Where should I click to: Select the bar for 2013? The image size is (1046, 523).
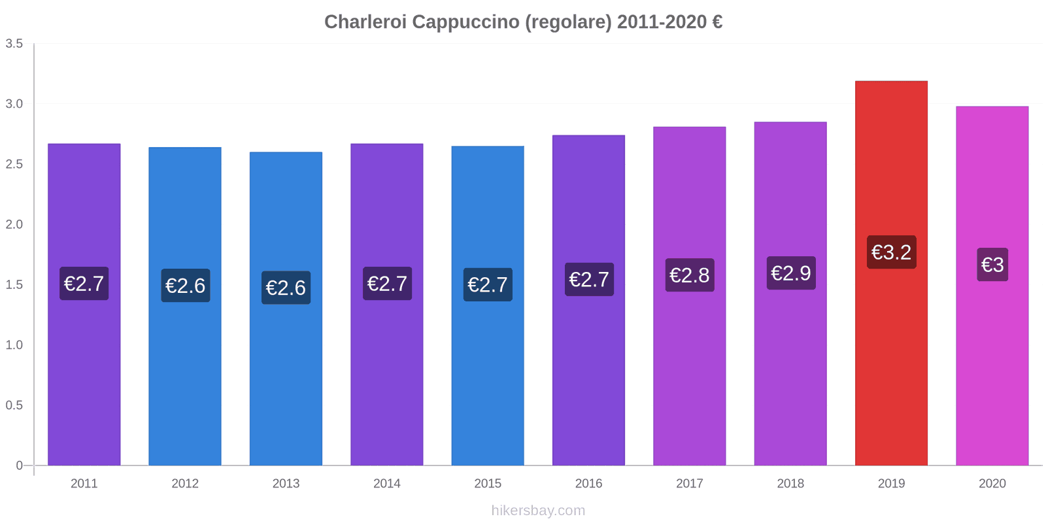click(286, 379)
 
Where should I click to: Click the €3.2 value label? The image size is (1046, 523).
click(891, 252)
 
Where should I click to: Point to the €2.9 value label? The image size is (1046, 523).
click(790, 273)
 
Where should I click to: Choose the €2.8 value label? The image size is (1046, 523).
click(690, 275)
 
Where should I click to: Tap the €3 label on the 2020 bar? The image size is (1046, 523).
click(992, 265)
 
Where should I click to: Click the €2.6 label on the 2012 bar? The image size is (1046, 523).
click(185, 286)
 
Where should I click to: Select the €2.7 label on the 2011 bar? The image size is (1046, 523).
click(84, 284)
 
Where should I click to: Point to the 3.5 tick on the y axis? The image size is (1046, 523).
click(14, 44)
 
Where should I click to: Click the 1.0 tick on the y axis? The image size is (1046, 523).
click(14, 345)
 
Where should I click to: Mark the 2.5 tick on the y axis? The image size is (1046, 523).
click(14, 164)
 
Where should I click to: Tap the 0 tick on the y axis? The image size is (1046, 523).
click(19, 465)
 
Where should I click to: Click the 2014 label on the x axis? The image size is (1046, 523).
click(386, 484)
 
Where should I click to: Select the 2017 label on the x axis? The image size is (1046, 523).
click(689, 484)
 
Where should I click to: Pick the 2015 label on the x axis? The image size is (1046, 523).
click(488, 484)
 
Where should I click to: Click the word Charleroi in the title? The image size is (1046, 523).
click(365, 22)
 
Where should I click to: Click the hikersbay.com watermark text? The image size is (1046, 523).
click(538, 511)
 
